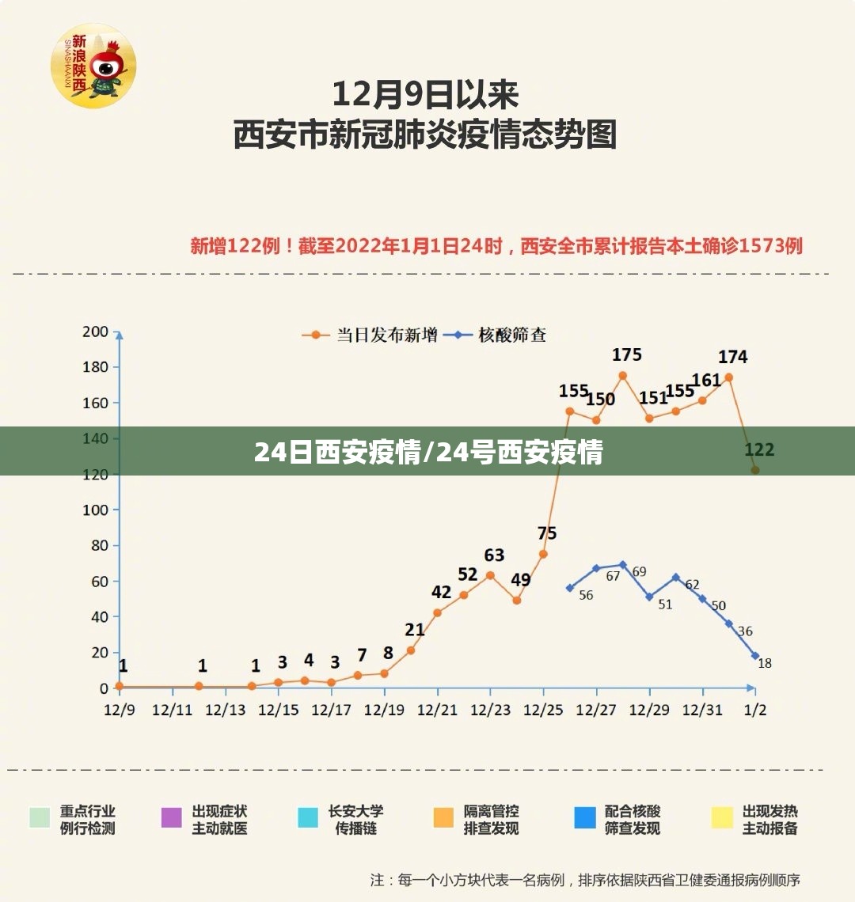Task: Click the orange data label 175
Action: click(627, 354)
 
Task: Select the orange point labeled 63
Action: click(490, 575)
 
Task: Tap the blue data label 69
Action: click(639, 571)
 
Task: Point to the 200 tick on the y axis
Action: click(95, 332)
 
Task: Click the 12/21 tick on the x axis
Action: click(437, 710)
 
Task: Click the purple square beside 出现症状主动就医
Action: click(172, 817)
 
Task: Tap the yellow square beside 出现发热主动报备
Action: click(722, 817)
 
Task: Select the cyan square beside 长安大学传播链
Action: click(308, 817)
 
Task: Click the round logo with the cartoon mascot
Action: click(93, 65)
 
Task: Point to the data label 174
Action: click(732, 357)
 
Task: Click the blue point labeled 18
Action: click(755, 656)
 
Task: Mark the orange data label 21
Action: click(415, 630)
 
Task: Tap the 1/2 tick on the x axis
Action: click(755, 710)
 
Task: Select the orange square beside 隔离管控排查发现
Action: click(443, 817)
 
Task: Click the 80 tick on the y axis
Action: click(98, 545)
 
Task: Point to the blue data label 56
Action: click(586, 595)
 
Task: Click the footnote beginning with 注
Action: click(585, 879)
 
